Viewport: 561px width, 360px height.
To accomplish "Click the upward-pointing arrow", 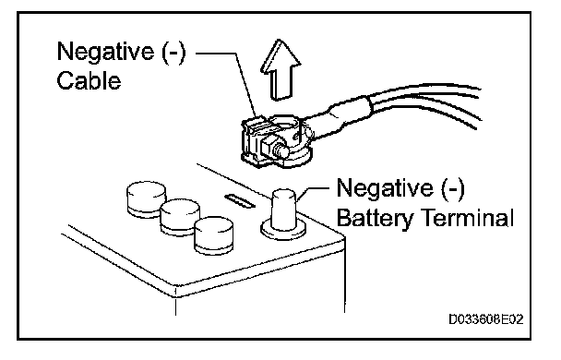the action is pos(280,70).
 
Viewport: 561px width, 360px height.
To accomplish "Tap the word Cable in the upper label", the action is pos(89,80).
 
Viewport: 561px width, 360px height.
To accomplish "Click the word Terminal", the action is pos(468,217).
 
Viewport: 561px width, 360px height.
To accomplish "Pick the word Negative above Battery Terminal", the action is pos(385,188).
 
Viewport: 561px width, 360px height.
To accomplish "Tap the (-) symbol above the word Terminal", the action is pos(452,188).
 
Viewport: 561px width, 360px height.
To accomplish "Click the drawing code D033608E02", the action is pos(486,318).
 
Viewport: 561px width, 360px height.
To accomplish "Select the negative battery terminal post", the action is pos(284,210).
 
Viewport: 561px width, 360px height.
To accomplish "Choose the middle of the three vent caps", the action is pos(180,216).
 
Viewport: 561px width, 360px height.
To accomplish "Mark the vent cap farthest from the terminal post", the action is pos(147,199).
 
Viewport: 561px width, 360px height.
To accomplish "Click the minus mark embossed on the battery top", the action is pos(240,200).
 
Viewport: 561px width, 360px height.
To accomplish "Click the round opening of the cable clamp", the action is pos(284,126).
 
